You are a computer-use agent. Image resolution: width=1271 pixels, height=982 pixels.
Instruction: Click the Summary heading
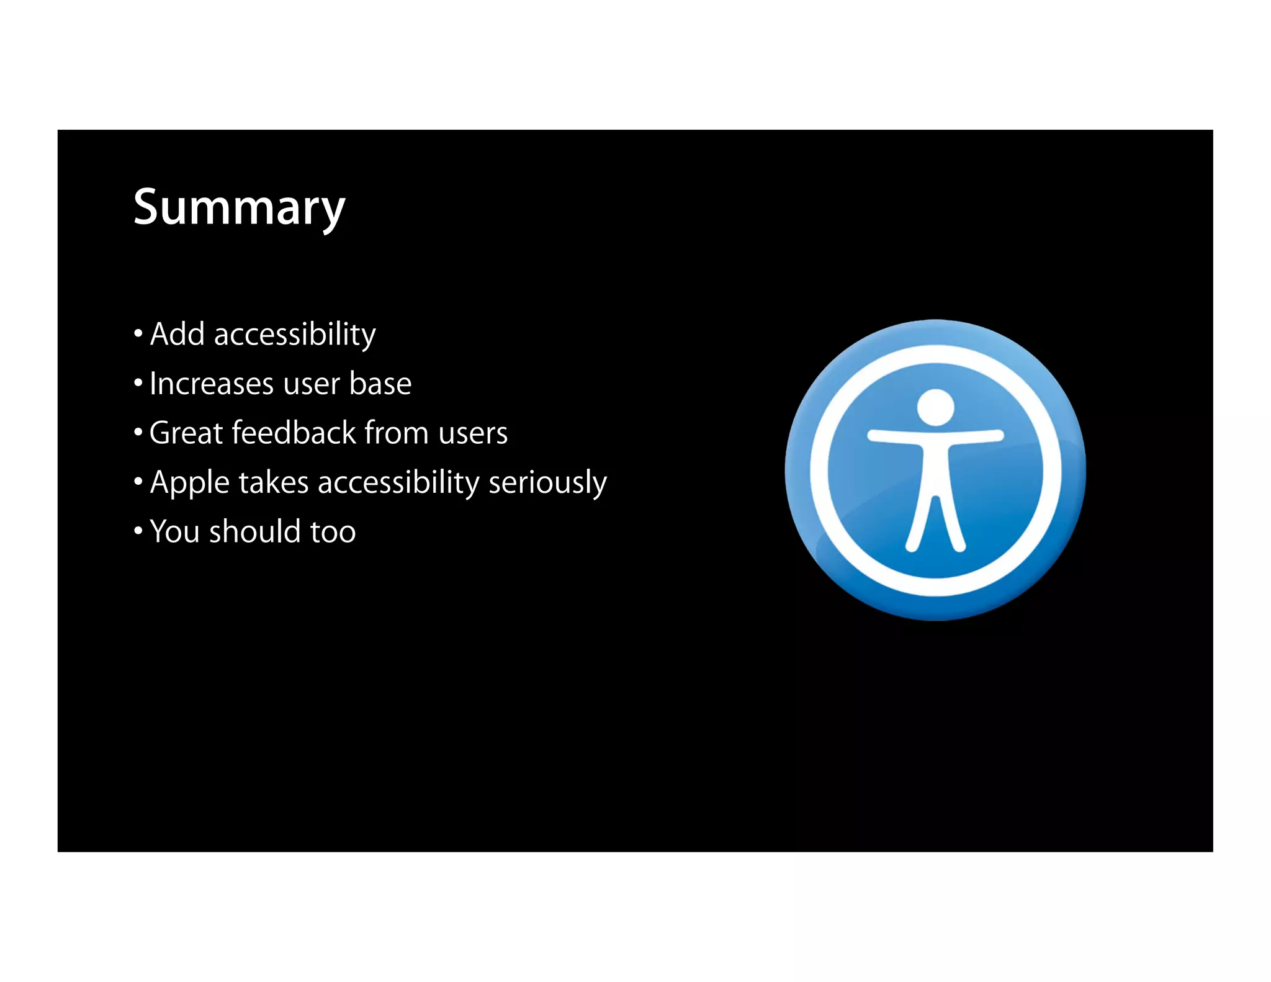[239, 208]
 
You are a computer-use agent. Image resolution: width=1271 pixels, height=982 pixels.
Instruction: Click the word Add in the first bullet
[177, 335]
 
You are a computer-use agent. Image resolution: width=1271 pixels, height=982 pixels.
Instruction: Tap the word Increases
[211, 384]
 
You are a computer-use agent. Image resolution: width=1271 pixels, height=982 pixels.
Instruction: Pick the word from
[397, 433]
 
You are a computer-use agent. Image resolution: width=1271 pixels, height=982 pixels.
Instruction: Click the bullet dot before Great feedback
[138, 432]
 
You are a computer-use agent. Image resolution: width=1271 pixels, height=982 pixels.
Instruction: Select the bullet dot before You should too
[138, 531]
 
